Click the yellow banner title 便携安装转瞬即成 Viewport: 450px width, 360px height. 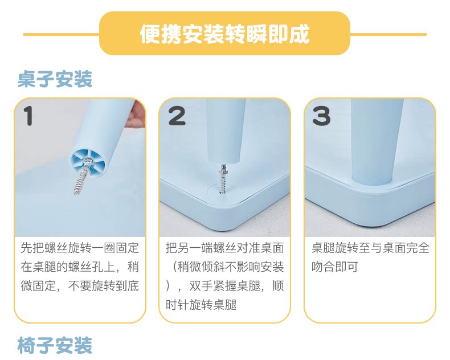224,34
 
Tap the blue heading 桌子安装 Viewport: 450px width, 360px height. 55,79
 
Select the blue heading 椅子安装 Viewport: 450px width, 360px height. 55,345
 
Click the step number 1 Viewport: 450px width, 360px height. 28,116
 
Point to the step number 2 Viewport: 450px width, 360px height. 177,116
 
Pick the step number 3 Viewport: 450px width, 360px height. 321,116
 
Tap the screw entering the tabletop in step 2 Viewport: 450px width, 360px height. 223,179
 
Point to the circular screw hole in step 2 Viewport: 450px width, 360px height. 222,190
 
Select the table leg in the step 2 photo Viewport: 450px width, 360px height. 226,130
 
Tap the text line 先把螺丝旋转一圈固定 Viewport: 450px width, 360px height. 80,248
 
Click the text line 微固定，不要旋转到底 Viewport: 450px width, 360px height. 80,285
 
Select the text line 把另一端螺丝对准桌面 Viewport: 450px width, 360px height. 224,248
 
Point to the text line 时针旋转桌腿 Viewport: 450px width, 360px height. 201,305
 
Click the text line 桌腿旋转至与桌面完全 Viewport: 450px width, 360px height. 370,248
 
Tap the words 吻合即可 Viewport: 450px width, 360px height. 335,267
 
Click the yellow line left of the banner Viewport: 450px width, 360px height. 62,34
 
